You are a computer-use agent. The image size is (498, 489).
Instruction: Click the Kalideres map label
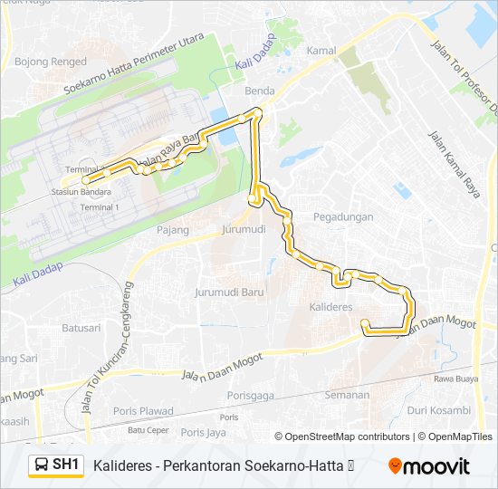(x=330, y=308)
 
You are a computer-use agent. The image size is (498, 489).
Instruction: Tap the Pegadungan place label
(x=343, y=217)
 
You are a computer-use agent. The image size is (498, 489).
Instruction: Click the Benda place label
(x=259, y=91)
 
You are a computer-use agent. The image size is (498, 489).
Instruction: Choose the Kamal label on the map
(x=321, y=51)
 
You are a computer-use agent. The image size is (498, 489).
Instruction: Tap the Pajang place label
(x=172, y=230)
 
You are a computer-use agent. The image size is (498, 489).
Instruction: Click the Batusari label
(x=81, y=327)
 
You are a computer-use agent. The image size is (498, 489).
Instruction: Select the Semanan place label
(x=348, y=395)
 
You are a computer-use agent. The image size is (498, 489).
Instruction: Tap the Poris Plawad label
(x=145, y=411)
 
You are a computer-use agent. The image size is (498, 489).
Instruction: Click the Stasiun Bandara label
(x=81, y=193)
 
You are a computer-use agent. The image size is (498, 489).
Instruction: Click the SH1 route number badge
(x=66, y=465)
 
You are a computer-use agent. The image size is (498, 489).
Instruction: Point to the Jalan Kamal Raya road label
(x=453, y=167)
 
